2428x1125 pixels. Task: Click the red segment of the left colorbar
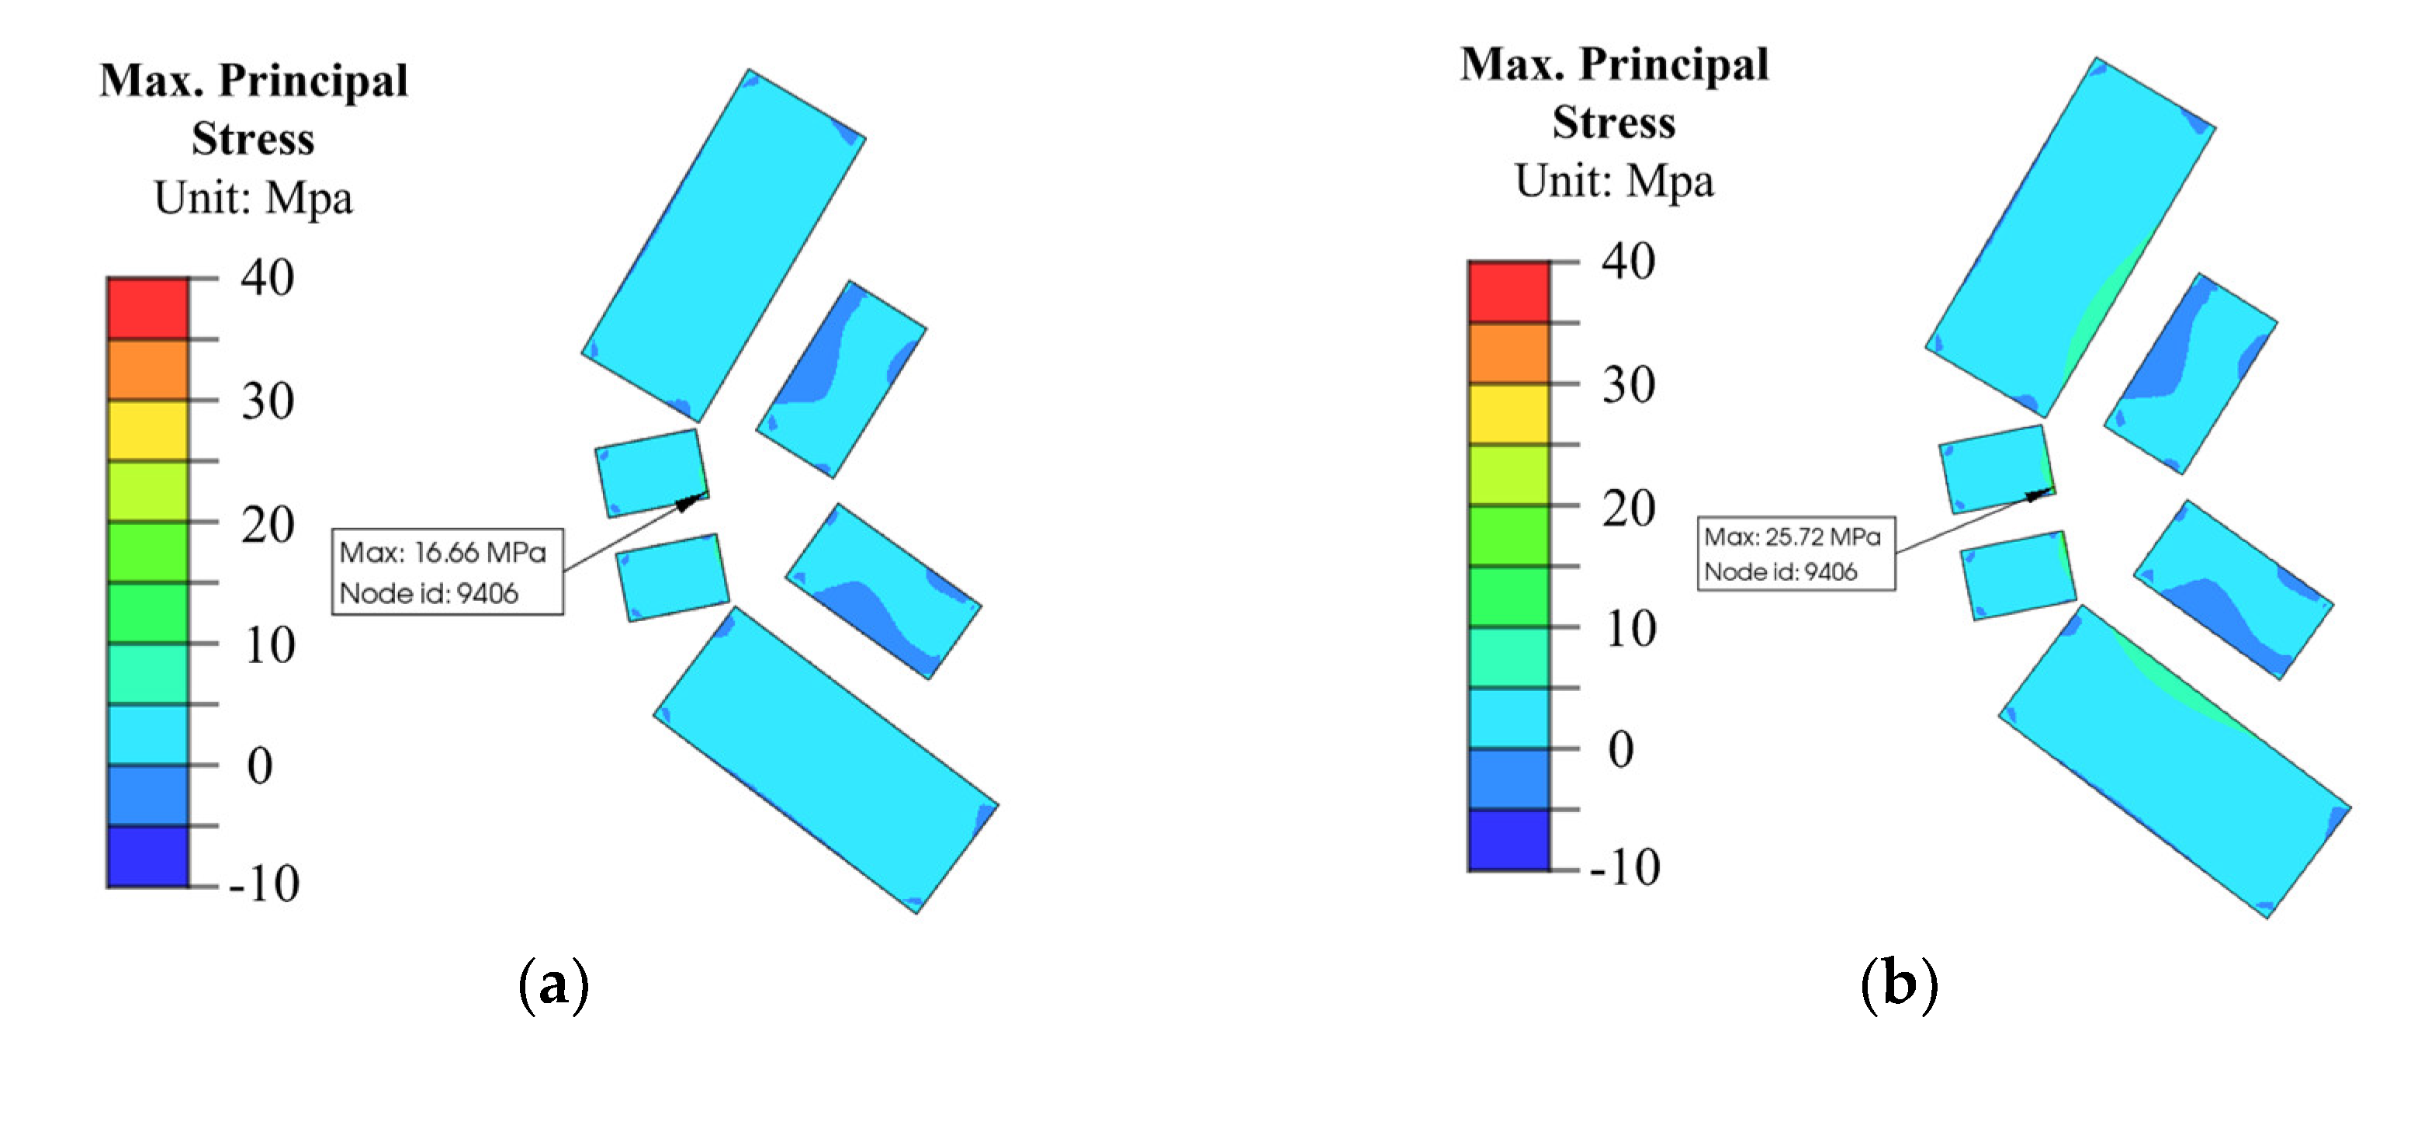tap(148, 308)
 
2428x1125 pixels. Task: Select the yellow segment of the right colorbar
tap(1508, 414)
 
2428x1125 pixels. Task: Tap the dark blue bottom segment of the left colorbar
tap(148, 856)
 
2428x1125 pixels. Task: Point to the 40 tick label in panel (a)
tap(267, 278)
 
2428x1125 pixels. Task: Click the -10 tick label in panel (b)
tap(1624, 866)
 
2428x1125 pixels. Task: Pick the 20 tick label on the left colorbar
tap(267, 524)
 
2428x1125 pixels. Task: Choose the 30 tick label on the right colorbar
tap(1628, 385)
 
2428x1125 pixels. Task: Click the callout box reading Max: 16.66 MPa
tap(448, 571)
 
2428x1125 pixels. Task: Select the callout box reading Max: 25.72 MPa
tap(1796, 554)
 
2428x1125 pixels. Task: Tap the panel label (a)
tap(554, 984)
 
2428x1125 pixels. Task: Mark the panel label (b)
tap(1900, 984)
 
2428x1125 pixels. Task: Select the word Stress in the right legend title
tap(1614, 123)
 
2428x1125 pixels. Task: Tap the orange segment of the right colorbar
tap(1508, 353)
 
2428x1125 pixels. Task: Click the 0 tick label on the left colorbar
tap(260, 766)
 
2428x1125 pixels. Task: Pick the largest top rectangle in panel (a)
tap(723, 245)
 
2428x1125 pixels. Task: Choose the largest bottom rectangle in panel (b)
tap(2174, 762)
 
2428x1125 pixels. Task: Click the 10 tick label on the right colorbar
tap(1630, 629)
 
